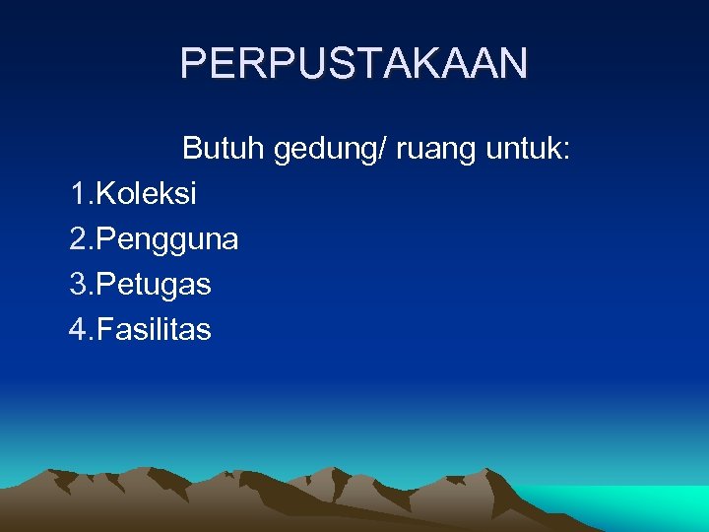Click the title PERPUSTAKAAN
point(354,64)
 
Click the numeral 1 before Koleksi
point(78,194)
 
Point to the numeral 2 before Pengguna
point(79,238)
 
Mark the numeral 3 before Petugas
point(79,284)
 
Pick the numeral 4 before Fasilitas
point(79,329)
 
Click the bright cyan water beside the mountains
point(650,507)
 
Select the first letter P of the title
point(192,64)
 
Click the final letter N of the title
point(514,64)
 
